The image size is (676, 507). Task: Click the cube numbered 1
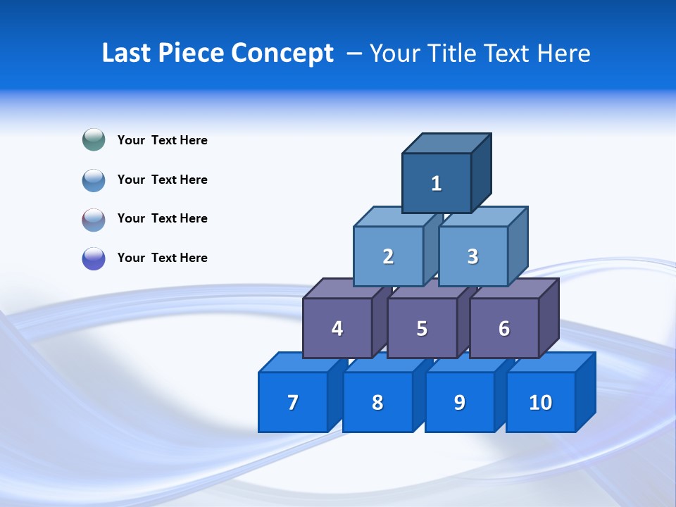point(437,183)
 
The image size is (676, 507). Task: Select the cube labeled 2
point(388,256)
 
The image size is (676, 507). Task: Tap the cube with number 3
point(472,256)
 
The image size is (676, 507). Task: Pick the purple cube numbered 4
point(337,328)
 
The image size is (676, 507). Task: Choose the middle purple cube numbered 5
point(422,328)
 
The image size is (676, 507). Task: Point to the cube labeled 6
point(504,328)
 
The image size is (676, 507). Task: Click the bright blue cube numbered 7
point(293,402)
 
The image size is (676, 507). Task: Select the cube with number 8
point(377,402)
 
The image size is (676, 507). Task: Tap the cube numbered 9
point(459,402)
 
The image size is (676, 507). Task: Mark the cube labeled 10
point(541,402)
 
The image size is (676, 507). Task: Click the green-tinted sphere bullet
point(94,140)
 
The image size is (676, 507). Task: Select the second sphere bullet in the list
point(94,180)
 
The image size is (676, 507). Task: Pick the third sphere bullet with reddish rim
point(94,220)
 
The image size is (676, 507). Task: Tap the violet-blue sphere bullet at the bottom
point(94,258)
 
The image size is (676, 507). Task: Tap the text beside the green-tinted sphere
point(163,140)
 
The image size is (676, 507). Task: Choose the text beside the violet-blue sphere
point(163,258)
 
